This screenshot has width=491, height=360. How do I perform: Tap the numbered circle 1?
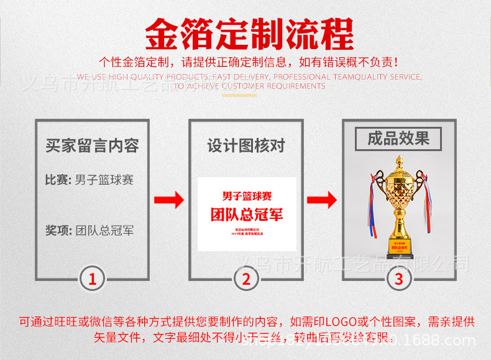tap(93, 279)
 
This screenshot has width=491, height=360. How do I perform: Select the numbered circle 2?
tap(246, 279)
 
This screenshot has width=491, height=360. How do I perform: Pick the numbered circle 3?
tap(399, 279)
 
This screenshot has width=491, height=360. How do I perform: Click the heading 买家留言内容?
tap(92, 146)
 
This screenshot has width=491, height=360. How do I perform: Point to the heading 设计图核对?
tap(246, 146)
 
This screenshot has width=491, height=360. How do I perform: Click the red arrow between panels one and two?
tap(169, 200)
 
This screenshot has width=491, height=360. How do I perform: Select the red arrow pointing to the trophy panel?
tap(322, 200)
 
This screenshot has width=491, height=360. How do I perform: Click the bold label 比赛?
tap(58, 180)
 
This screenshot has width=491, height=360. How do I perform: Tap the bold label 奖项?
tap(58, 231)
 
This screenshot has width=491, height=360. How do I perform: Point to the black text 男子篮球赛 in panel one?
tap(104, 180)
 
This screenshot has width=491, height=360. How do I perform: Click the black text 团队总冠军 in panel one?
tap(104, 231)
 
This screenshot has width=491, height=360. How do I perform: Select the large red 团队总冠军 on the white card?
tap(246, 215)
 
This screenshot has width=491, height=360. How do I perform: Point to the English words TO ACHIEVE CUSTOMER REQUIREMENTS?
tap(249, 86)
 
